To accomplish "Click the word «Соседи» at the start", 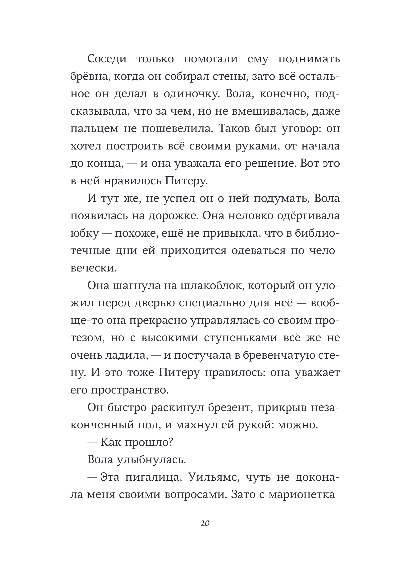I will point(107,59).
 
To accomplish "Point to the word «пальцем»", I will point(94,129).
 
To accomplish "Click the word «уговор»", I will point(302,129).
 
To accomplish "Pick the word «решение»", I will point(271,163).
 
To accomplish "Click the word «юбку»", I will point(84,233).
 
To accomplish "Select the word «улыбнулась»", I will point(151,459).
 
